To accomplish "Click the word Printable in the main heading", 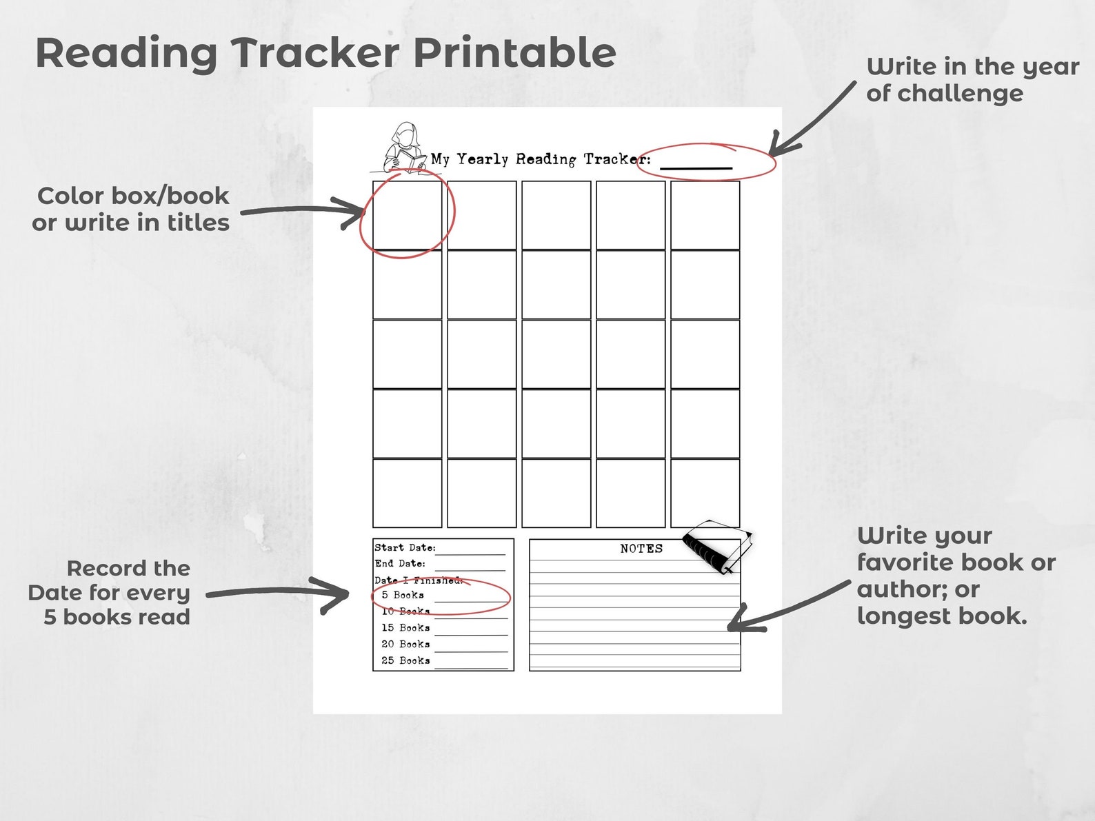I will pyautogui.click(x=514, y=53).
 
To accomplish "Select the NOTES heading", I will pyautogui.click(x=641, y=549).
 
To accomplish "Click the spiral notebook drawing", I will pyautogui.click(x=716, y=547).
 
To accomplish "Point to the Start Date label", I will pyautogui.click(x=405, y=548).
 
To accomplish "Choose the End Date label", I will pyautogui.click(x=400, y=564).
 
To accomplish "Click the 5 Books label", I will pyautogui.click(x=403, y=595).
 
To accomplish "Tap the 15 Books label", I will pyautogui.click(x=405, y=628).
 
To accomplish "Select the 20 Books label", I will pyautogui.click(x=405, y=645).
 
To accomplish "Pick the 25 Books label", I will pyautogui.click(x=405, y=661).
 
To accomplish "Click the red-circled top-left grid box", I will pyautogui.click(x=408, y=215).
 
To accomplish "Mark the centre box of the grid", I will pyautogui.click(x=556, y=354).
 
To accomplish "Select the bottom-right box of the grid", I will pyautogui.click(x=705, y=494).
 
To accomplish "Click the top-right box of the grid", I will pyautogui.click(x=705, y=215).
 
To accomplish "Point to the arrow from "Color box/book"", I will pyautogui.click(x=303, y=210).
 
